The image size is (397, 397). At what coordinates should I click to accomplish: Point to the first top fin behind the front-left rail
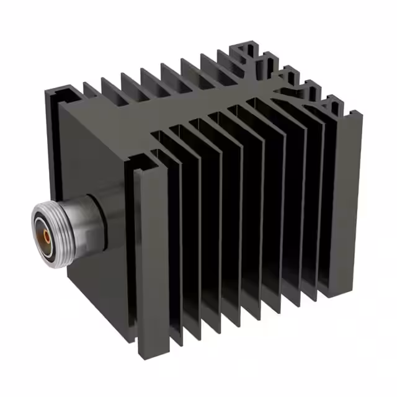click(x=93, y=93)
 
